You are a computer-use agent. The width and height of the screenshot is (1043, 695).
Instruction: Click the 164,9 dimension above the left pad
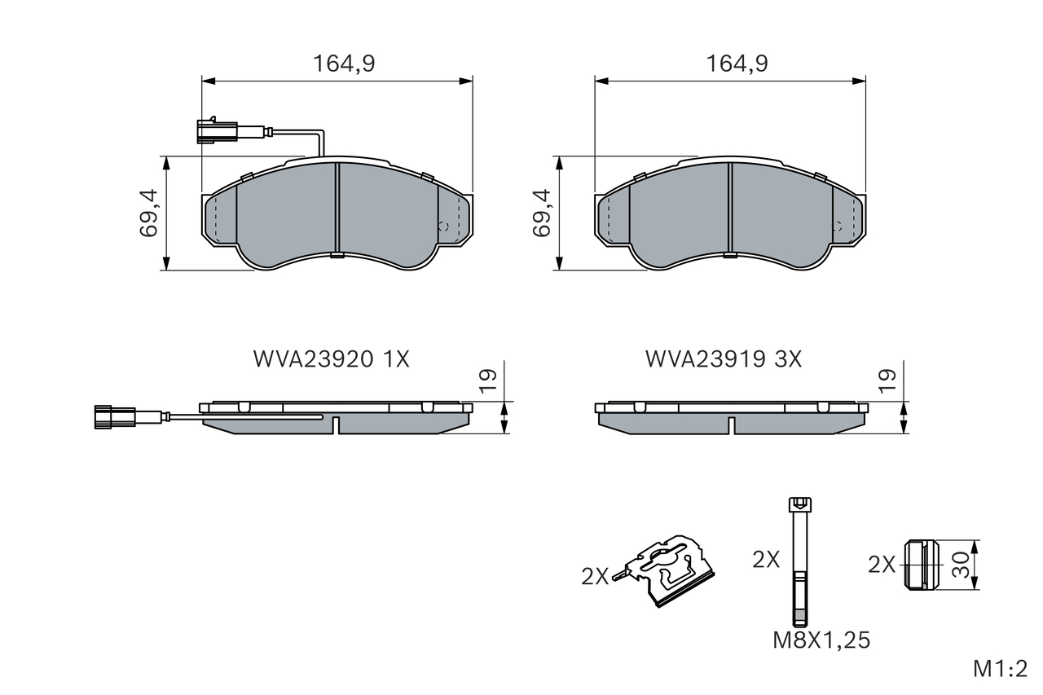[x=344, y=64]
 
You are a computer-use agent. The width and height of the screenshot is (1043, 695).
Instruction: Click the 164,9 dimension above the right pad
[x=737, y=64]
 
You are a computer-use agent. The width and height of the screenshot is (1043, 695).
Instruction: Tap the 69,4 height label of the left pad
[x=150, y=213]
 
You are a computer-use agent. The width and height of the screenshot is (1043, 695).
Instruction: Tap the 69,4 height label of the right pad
[x=543, y=213]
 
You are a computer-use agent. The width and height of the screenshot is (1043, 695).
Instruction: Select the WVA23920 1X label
[x=331, y=359]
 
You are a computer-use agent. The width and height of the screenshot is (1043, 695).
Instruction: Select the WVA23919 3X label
[x=724, y=359]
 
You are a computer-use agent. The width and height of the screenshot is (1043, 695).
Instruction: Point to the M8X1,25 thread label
[x=821, y=640]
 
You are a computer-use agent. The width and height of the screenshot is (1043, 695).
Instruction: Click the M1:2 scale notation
[x=1000, y=670]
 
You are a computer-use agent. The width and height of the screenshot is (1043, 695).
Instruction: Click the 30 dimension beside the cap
[x=961, y=565]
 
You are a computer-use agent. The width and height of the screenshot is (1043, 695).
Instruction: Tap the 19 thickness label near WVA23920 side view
[x=488, y=380]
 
